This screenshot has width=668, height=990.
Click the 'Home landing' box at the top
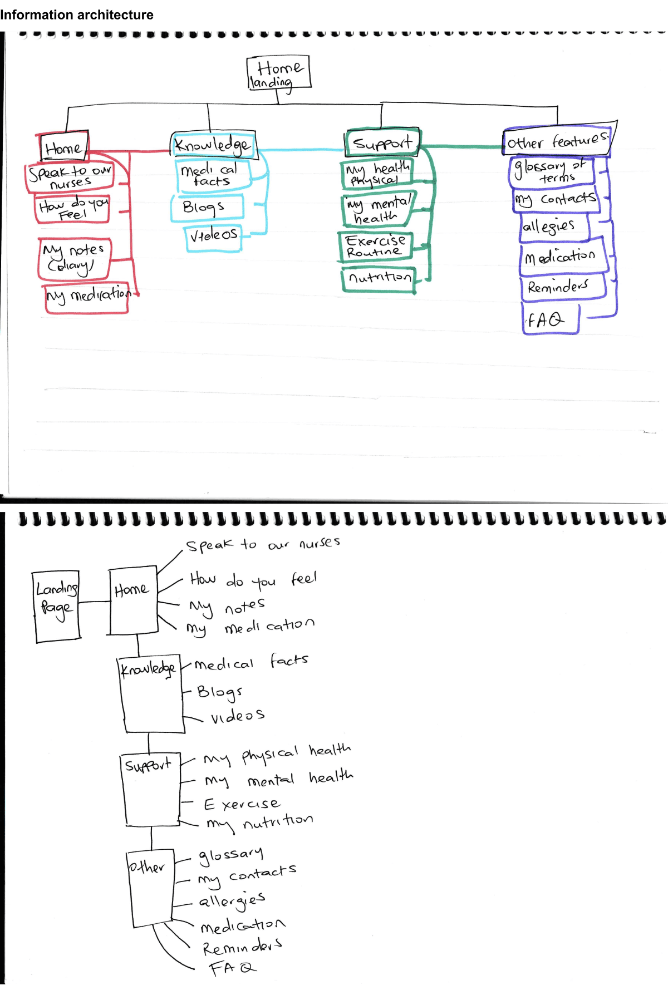coord(278,73)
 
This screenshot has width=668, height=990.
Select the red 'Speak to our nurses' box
coord(70,177)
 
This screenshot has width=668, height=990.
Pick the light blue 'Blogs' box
coord(207,208)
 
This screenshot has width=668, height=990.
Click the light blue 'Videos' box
coord(213,236)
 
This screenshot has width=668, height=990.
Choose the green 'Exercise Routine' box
coord(375,247)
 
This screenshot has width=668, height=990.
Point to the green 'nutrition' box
coord(379,278)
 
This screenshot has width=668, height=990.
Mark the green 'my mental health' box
coord(377,210)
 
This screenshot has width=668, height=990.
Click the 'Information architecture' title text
coord(77,15)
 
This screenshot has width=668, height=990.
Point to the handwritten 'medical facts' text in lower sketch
coord(250,663)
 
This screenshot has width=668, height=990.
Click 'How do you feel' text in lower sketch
coord(253,580)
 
